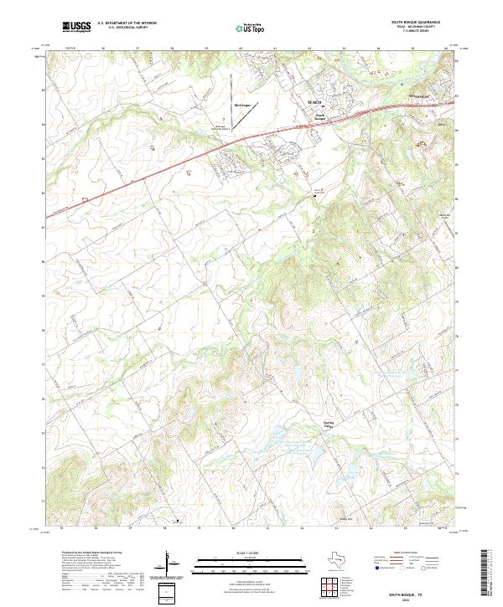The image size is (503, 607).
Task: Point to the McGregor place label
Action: (242, 105)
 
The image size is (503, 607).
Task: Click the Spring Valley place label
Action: (329, 424)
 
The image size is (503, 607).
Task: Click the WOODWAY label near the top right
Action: (418, 98)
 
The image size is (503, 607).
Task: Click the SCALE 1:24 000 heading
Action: (228, 554)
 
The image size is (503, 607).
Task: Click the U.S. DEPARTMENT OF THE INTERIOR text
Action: (127, 23)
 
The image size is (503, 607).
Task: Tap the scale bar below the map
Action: (228, 568)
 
